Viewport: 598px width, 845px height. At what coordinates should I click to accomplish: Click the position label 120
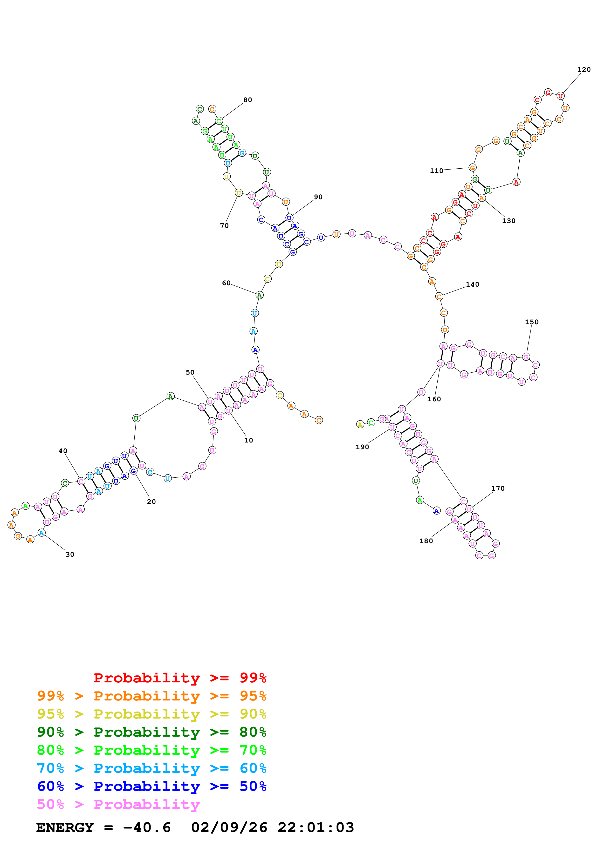pyautogui.click(x=584, y=70)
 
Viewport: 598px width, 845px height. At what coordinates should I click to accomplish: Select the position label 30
pyautogui.click(x=70, y=554)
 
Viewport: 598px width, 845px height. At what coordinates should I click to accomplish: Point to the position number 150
pyautogui.click(x=531, y=322)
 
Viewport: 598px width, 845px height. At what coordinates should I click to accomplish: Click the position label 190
pyautogui.click(x=362, y=447)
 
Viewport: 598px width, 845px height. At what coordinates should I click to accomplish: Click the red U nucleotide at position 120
pyautogui.click(x=560, y=96)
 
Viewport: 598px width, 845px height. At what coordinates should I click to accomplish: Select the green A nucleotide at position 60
pyautogui.click(x=259, y=295)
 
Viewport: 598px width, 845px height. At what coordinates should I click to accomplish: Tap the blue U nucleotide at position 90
pyautogui.click(x=289, y=218)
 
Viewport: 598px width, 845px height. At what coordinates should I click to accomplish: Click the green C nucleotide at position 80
pyautogui.click(x=219, y=121)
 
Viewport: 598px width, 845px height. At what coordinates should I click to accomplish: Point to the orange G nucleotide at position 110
pyautogui.click(x=472, y=168)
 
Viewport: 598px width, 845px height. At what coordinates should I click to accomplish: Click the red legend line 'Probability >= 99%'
pyautogui.click(x=180, y=678)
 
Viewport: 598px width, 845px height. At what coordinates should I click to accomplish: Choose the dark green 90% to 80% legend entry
pyautogui.click(x=151, y=732)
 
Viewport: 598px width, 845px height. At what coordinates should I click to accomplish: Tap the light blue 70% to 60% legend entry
pyautogui.click(x=151, y=768)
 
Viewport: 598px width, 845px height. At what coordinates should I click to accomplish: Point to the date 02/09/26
pyautogui.click(x=229, y=828)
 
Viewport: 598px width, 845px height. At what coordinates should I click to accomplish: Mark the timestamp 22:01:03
pyautogui.click(x=315, y=828)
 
